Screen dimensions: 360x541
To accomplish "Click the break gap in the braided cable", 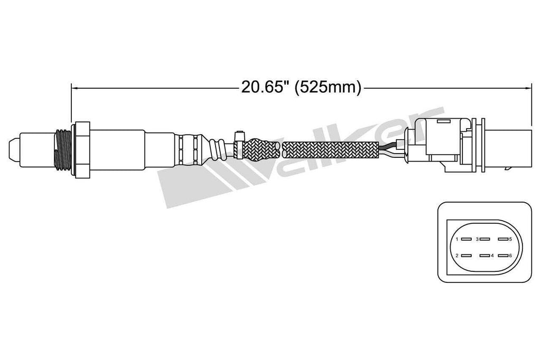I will click(281, 148).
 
